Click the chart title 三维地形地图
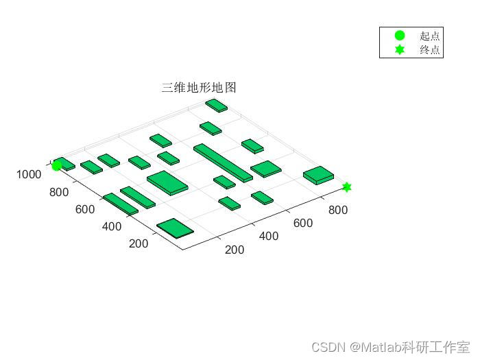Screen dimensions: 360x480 pyautogui.click(x=199, y=88)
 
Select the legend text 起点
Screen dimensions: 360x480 pyautogui.click(x=430, y=36)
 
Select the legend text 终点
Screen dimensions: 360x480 pyautogui.click(x=430, y=50)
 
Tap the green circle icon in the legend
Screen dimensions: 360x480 pyautogui.click(x=400, y=36)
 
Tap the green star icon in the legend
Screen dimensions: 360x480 pyautogui.click(x=400, y=50)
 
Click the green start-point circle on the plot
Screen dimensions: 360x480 pyautogui.click(x=57, y=165)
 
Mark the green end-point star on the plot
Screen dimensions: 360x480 pyautogui.click(x=347, y=187)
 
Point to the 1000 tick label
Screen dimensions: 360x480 pyautogui.click(x=29, y=175)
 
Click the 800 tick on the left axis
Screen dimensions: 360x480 pyautogui.click(x=59, y=192)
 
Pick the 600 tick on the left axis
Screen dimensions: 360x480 pyautogui.click(x=85, y=209)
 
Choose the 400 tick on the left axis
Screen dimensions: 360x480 pyautogui.click(x=111, y=226)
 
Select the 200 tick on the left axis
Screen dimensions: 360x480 pyautogui.click(x=139, y=243)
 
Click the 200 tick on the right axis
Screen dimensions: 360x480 pyautogui.click(x=235, y=250)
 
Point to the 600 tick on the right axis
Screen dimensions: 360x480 pyautogui.click(x=303, y=223)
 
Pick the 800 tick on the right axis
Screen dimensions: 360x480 pyautogui.click(x=337, y=210)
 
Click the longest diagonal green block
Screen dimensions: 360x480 pyautogui.click(x=223, y=163)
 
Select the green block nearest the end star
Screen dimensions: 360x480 pyautogui.click(x=318, y=176)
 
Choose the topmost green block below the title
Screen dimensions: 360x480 pyautogui.click(x=216, y=105)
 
